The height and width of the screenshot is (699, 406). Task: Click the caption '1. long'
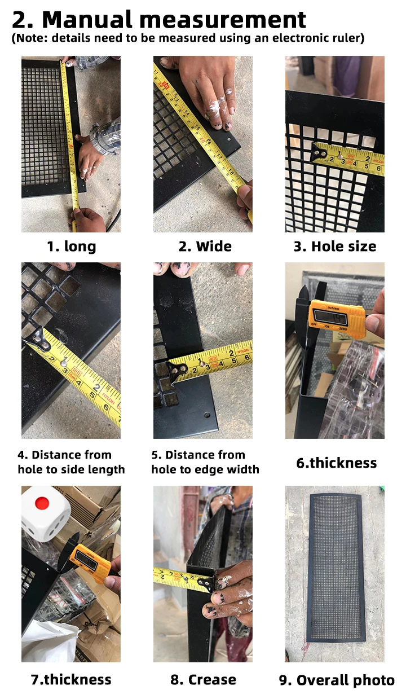pos(72,246)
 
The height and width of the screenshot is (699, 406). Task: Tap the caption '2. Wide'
pos(205,246)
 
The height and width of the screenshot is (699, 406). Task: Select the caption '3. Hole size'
pos(334,246)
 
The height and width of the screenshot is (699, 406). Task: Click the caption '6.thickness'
pos(337,463)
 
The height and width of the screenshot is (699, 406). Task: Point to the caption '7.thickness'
pos(71,679)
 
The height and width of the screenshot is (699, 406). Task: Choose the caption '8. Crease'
pos(203,679)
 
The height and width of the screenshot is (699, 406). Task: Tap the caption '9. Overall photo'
pos(337,680)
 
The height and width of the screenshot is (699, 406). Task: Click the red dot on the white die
pos(42,503)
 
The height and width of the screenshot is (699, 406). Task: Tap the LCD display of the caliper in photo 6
pos(331,318)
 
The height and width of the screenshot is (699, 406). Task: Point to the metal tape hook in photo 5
pos(178,371)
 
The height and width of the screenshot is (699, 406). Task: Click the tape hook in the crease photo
pos(206,582)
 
